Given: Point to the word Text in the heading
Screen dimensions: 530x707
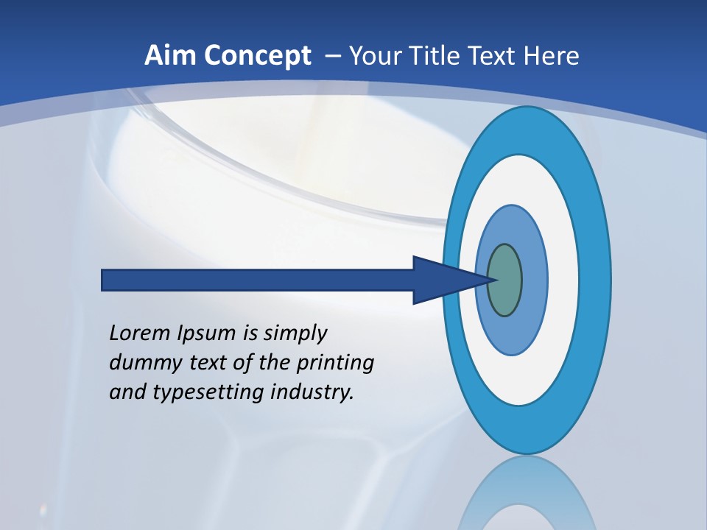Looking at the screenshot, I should point(496,56).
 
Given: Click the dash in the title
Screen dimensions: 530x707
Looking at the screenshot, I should point(332,57).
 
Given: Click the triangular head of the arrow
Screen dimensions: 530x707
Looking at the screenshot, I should point(442,280).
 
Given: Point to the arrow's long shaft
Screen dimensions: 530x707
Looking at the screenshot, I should point(258,280).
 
